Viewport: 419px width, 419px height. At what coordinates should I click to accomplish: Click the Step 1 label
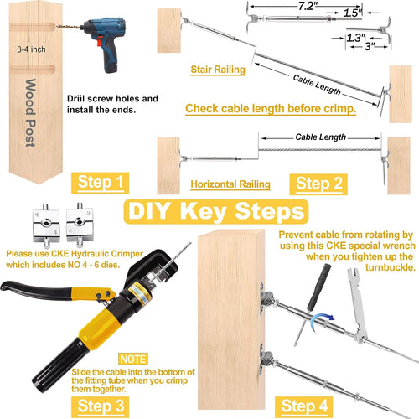coord(101,183)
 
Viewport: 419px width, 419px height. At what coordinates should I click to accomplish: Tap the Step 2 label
coord(318,184)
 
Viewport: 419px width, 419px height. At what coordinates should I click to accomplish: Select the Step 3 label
coord(101,406)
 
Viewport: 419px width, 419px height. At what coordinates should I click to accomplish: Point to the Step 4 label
coord(304,406)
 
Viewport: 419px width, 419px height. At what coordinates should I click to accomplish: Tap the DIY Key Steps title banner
coord(216,211)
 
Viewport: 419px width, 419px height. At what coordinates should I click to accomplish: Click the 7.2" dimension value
coord(307,6)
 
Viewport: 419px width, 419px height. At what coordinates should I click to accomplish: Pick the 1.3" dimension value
coord(356,38)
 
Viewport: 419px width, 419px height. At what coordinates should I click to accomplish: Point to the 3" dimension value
coord(370,46)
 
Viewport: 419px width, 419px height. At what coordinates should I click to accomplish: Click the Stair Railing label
coord(218,70)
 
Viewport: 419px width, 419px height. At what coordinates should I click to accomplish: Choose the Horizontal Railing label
coord(230,184)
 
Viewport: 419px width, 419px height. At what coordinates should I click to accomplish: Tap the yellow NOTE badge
coord(133,359)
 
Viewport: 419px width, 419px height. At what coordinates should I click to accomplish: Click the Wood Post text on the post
coord(30,113)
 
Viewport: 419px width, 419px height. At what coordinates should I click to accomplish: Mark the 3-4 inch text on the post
coord(31,49)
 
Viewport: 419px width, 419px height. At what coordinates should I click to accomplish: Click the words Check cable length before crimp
coord(271,109)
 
